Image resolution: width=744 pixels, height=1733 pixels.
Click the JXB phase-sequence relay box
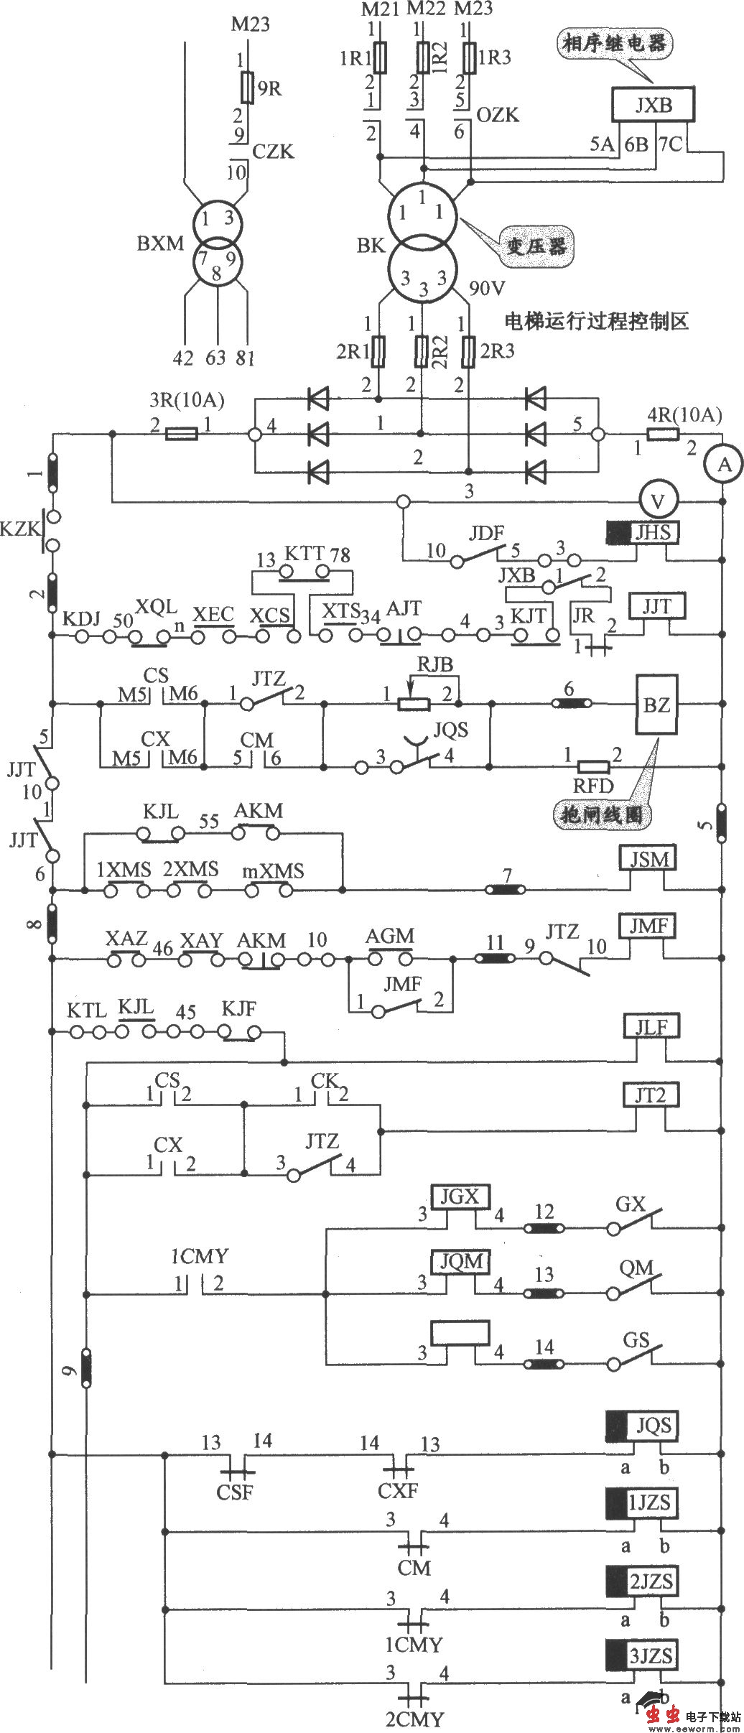[653, 105]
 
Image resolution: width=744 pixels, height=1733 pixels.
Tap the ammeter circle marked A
[725, 465]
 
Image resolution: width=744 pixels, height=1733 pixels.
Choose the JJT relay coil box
[656, 607]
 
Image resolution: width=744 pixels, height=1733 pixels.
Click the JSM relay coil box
[649, 858]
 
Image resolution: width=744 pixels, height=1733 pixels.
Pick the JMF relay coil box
[649, 926]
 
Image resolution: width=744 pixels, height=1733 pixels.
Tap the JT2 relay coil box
[649, 1095]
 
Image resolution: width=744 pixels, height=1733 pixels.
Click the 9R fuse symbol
[247, 88]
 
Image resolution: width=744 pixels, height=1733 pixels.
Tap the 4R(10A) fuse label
[684, 414]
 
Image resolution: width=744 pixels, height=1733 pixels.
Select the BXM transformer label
[160, 243]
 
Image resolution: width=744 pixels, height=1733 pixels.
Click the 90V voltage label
[487, 288]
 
